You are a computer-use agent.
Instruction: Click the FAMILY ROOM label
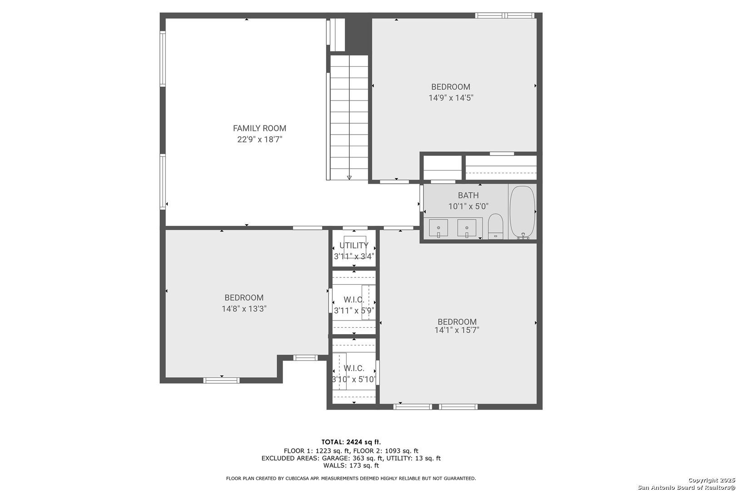tap(259, 128)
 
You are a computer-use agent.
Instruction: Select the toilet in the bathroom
tap(496, 226)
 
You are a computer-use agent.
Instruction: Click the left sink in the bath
tap(438, 228)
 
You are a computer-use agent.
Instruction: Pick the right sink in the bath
tap(467, 228)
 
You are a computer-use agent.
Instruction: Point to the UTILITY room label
tap(354, 245)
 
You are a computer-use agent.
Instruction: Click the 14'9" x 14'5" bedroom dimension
tap(451, 98)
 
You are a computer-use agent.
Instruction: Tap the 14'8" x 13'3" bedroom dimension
tap(244, 309)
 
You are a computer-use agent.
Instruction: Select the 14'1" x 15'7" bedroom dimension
tap(457, 330)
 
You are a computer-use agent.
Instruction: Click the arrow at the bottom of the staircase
tap(349, 178)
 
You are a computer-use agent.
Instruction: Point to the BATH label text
tap(468, 195)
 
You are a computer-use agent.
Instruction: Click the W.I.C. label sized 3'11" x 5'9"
tap(354, 300)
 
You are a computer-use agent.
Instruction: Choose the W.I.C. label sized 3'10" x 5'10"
tap(354, 368)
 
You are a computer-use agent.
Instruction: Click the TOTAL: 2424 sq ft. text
tap(351, 442)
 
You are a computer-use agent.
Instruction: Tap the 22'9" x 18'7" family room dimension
tap(259, 140)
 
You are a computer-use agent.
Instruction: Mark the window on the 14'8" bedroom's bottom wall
tap(221, 381)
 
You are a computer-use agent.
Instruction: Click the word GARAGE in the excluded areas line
tap(336, 458)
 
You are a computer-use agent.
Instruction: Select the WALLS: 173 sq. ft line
tap(351, 466)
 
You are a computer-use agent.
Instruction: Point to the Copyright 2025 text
tap(711, 481)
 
